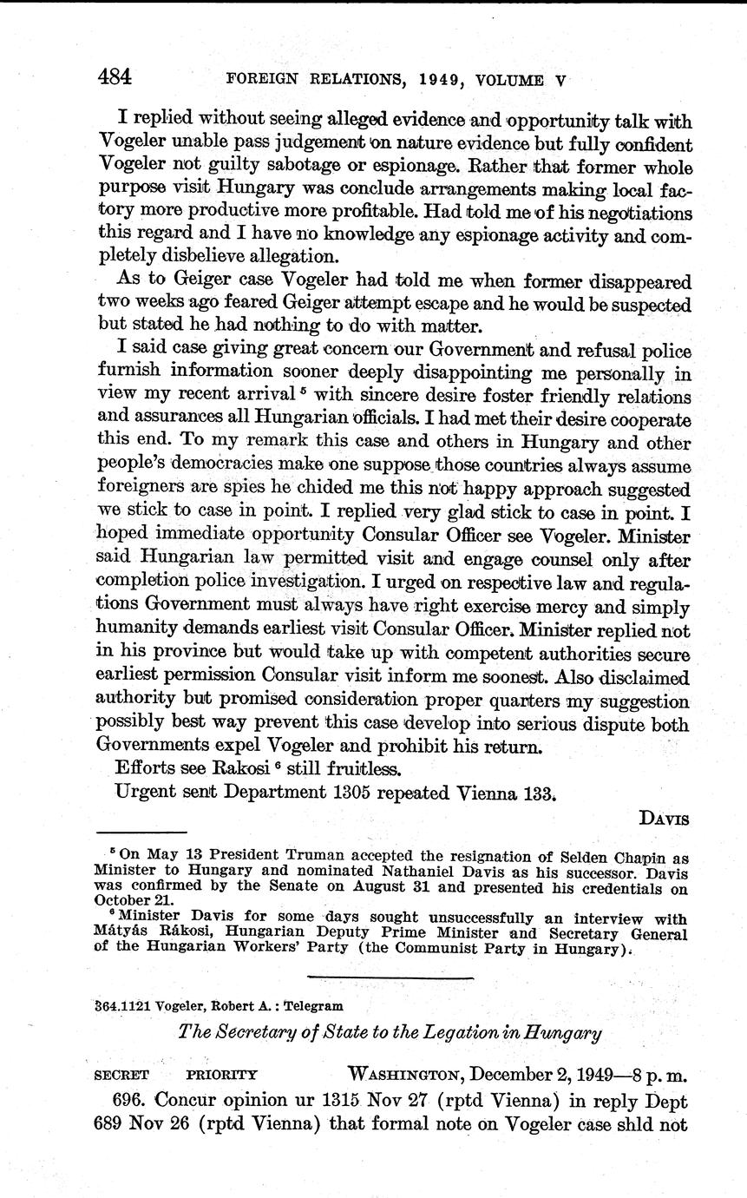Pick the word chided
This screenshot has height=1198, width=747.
[x=282, y=488]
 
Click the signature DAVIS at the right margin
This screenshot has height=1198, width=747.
[x=664, y=817]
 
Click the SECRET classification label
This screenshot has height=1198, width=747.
[x=121, y=1074]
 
